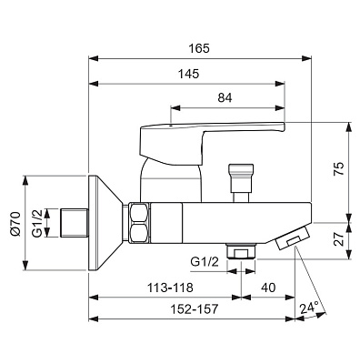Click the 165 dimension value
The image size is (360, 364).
[199, 48]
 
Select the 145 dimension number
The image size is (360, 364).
[188, 74]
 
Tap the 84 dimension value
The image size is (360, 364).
[225, 97]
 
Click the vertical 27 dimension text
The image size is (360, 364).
[339, 239]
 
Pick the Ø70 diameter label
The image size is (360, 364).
[15, 224]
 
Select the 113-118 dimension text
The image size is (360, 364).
[170, 288]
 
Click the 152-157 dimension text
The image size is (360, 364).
[195, 309]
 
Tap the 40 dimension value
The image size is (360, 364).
[268, 288]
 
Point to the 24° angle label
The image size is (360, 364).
[309, 308]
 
